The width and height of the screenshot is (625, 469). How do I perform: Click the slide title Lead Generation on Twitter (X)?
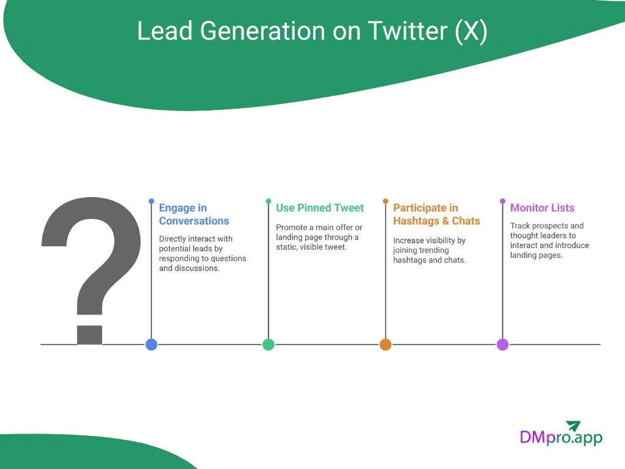312,31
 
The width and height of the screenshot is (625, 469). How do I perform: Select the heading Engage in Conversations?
194,214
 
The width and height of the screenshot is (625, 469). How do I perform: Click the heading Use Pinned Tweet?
319,208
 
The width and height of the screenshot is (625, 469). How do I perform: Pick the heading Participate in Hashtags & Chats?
436,214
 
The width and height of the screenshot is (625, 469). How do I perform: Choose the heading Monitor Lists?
542,208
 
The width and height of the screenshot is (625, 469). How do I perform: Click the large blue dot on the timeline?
151,344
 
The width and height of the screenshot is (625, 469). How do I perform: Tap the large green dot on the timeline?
269,344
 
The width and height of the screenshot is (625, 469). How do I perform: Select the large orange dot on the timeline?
385,344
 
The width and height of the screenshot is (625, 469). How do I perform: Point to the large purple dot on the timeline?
502,344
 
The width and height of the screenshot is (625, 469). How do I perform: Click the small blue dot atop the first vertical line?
151,200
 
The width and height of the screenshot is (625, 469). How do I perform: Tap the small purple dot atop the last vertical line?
502,200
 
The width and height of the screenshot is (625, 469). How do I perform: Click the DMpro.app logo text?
560,437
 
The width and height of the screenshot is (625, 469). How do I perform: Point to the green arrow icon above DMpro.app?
573,426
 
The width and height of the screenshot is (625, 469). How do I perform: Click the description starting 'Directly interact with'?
202,253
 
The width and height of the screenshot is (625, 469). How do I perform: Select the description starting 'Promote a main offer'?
319,237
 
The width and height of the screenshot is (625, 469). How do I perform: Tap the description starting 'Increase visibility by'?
429,250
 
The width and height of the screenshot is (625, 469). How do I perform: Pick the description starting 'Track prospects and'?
549,240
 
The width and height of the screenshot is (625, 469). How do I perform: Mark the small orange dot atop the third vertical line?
385,200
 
